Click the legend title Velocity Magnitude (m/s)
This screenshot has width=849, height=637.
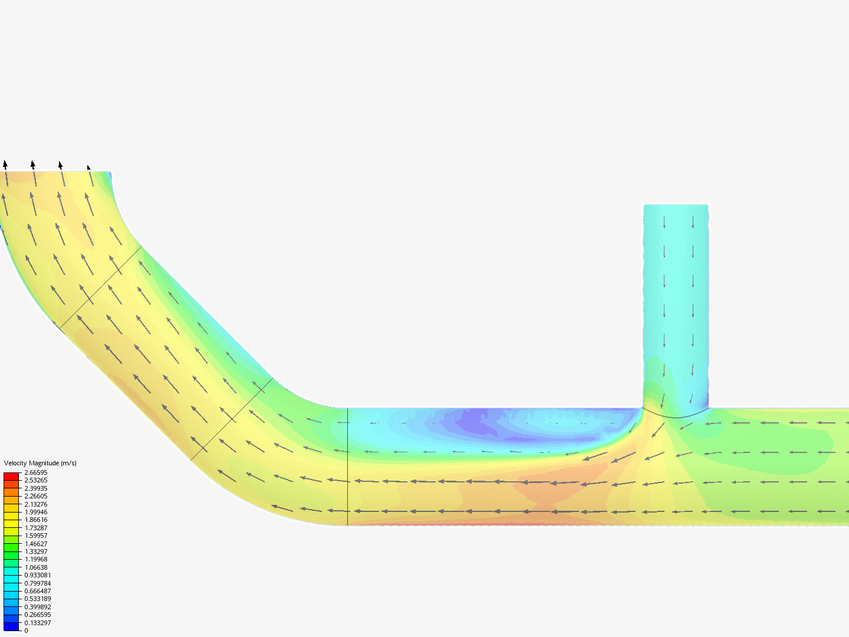pos(40,463)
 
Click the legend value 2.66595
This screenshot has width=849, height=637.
pos(35,472)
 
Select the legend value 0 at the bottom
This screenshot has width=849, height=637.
pos(26,631)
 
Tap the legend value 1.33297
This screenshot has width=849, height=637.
pos(35,551)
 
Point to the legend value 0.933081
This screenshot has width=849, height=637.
pos(37,575)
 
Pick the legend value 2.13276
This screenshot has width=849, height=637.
pos(35,504)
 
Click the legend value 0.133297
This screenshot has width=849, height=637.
pos(37,623)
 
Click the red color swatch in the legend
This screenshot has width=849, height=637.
pos(11,476)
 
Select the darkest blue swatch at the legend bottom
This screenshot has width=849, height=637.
pos(11,626)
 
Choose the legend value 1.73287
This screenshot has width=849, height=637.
pos(35,528)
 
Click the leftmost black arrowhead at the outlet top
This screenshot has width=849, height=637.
pos(5,164)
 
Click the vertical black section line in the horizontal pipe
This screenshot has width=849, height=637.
pos(347,466)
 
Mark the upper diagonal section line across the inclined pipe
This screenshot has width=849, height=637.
pos(100,288)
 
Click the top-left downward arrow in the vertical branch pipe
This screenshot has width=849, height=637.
pos(664,222)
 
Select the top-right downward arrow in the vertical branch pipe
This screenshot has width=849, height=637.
pos(693,222)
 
